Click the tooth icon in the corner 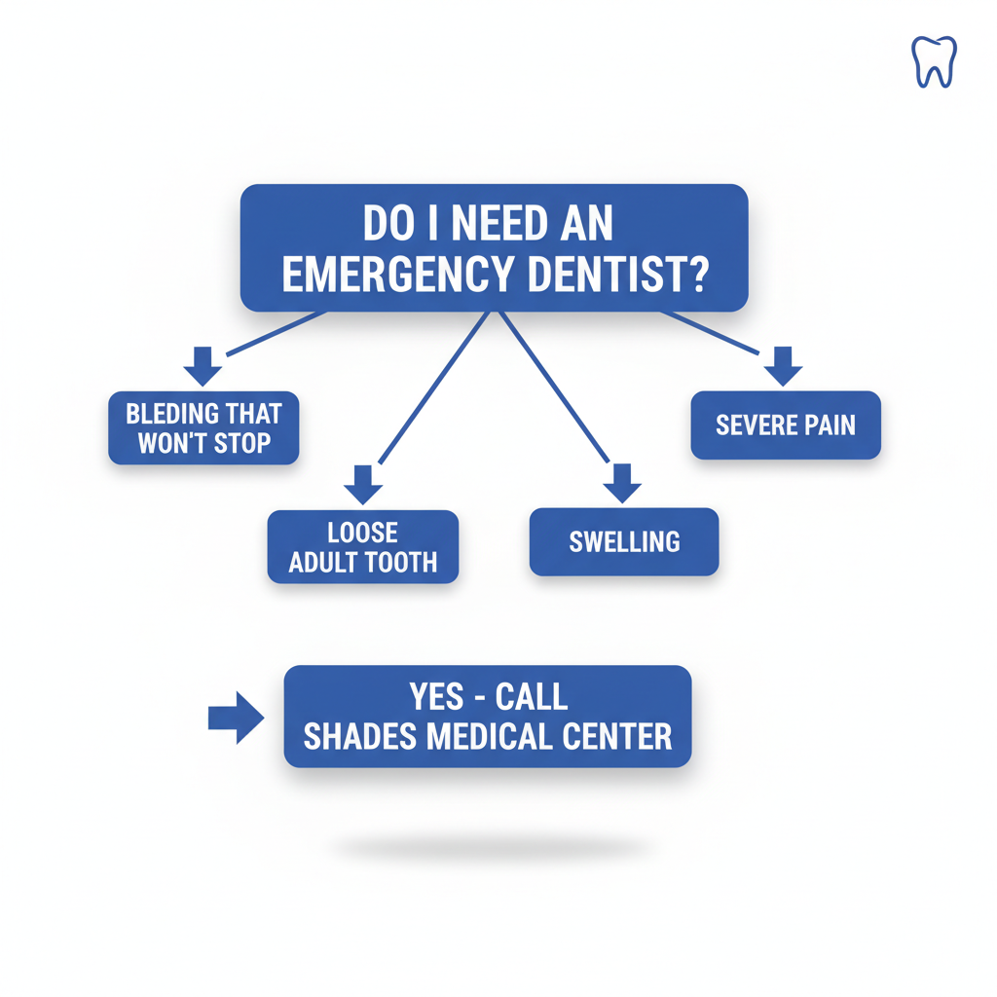pyautogui.click(x=934, y=61)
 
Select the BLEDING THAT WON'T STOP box pyautogui.click(x=203, y=428)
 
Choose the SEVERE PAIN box pyautogui.click(x=786, y=425)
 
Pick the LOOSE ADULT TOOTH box pyautogui.click(x=363, y=547)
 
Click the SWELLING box pyautogui.click(x=624, y=541)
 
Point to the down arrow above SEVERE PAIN pyautogui.click(x=783, y=365)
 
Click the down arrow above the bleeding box pyautogui.click(x=203, y=365)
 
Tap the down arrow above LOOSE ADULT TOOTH pyautogui.click(x=363, y=484)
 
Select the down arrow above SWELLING pyautogui.click(x=623, y=483)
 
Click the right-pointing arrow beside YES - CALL pyautogui.click(x=237, y=719)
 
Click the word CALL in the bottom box pyautogui.click(x=532, y=697)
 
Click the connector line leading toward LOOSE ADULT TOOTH pyautogui.click(x=432, y=388)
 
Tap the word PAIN pyautogui.click(x=830, y=425)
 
